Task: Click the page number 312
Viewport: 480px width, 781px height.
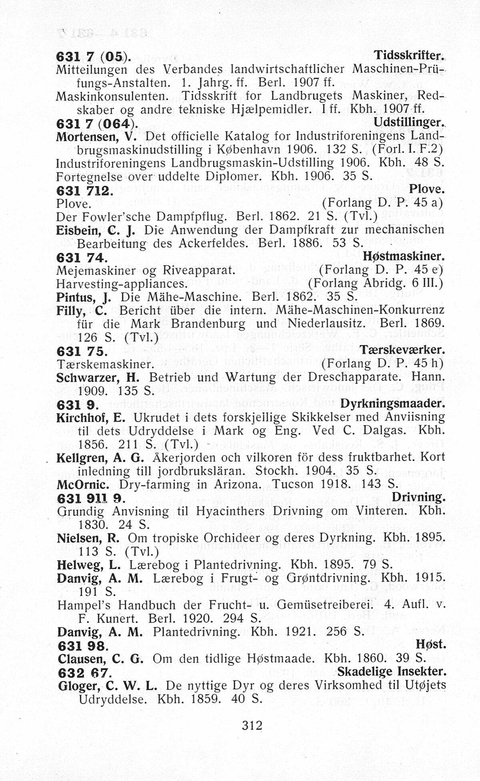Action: (252, 725)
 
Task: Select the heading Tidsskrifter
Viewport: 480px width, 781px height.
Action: (409, 56)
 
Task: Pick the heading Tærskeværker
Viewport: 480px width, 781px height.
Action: (402, 350)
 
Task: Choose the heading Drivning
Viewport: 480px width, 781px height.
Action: (418, 497)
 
